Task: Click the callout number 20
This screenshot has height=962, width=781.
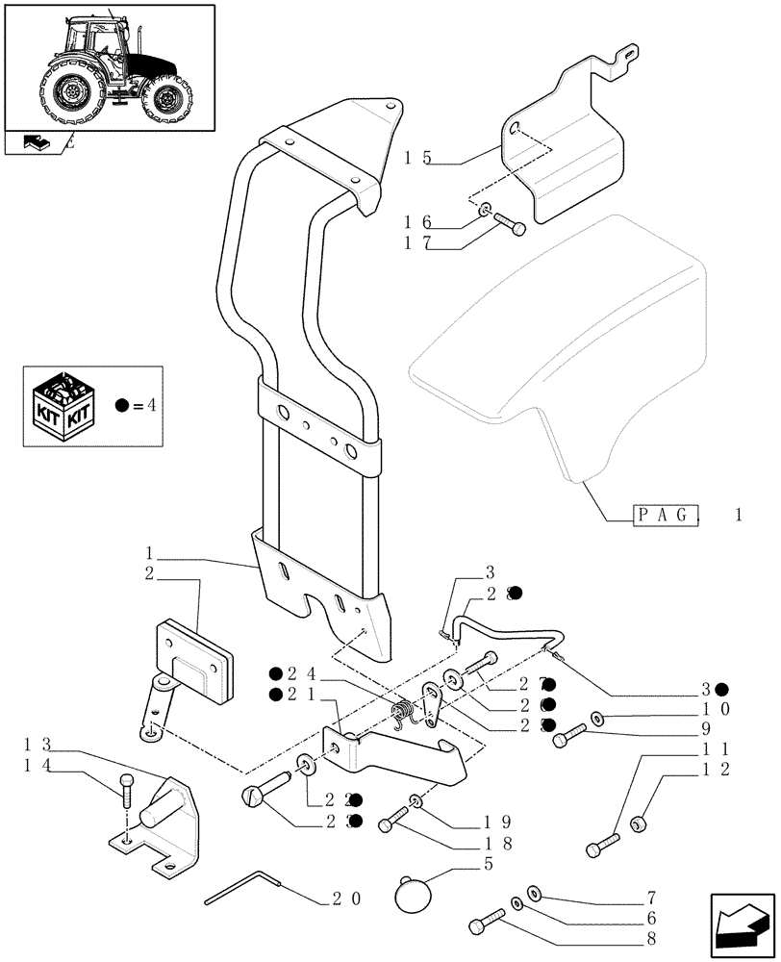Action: tap(345, 900)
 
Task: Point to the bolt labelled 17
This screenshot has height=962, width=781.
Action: tap(511, 225)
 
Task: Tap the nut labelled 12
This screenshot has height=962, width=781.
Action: tap(637, 824)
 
